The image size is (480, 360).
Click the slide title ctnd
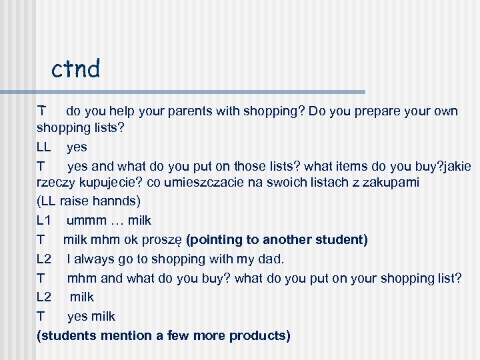coord(75,68)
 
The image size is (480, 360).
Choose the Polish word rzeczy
coord(56,183)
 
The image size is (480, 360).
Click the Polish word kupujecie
coord(109,183)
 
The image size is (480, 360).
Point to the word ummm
coord(85,220)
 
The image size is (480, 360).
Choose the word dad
coord(271,259)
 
